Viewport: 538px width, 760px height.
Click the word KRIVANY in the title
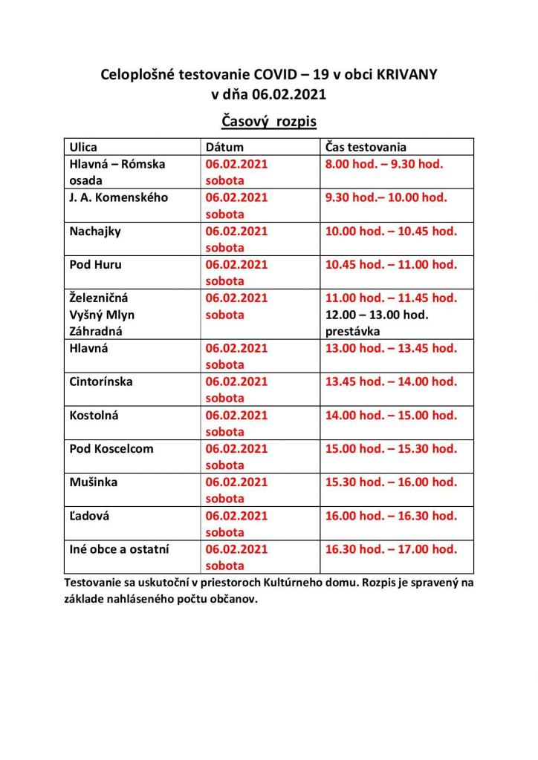tap(406, 75)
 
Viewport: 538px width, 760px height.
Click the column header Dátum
tap(224, 147)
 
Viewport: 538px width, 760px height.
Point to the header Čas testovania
tap(366, 147)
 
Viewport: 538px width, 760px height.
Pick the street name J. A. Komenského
tap(119, 197)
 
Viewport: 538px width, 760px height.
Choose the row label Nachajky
tap(95, 231)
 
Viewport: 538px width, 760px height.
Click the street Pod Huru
tap(96, 264)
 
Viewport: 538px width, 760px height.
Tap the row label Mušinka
tap(93, 482)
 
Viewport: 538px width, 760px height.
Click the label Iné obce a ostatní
tap(119, 549)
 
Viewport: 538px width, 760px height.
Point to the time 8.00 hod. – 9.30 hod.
tap(383, 164)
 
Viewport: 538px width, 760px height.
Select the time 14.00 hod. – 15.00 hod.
tap(390, 416)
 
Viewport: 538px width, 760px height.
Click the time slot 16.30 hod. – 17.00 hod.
tap(390, 549)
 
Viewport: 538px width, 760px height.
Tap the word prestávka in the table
tap(352, 331)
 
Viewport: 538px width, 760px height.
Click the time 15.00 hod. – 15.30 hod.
tap(390, 449)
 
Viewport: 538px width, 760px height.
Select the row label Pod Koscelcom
tap(110, 449)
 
